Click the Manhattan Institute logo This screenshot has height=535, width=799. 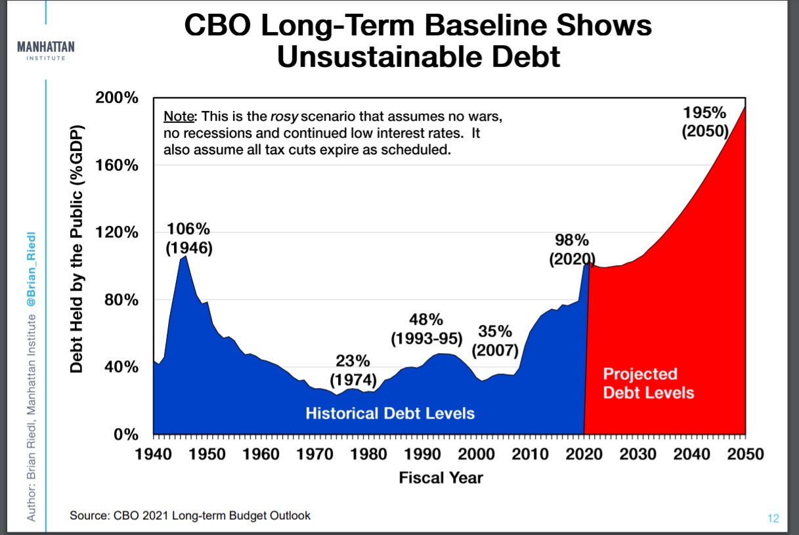45,51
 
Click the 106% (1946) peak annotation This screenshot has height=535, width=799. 188,239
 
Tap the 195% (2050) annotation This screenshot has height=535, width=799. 705,121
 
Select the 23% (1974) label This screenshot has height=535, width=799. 353,370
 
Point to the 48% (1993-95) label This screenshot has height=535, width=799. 426,330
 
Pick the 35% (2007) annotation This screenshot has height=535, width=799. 495,340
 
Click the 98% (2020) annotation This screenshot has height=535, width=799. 572,249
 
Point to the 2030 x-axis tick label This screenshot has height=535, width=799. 637,454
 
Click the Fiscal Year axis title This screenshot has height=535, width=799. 441,478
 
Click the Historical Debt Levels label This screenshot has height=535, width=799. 390,414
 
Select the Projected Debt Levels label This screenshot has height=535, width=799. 648,383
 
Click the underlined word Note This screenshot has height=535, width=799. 179,117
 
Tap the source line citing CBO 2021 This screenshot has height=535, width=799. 190,515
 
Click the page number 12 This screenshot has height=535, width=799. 773,519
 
